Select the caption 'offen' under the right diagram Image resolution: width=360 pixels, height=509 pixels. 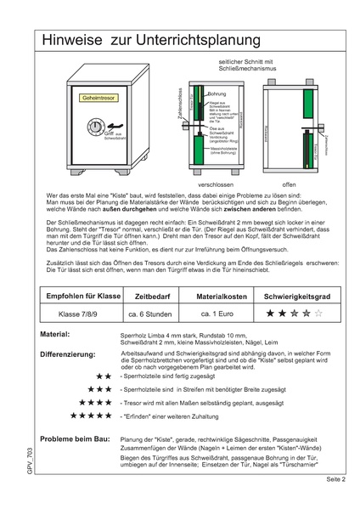point(289,184)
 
